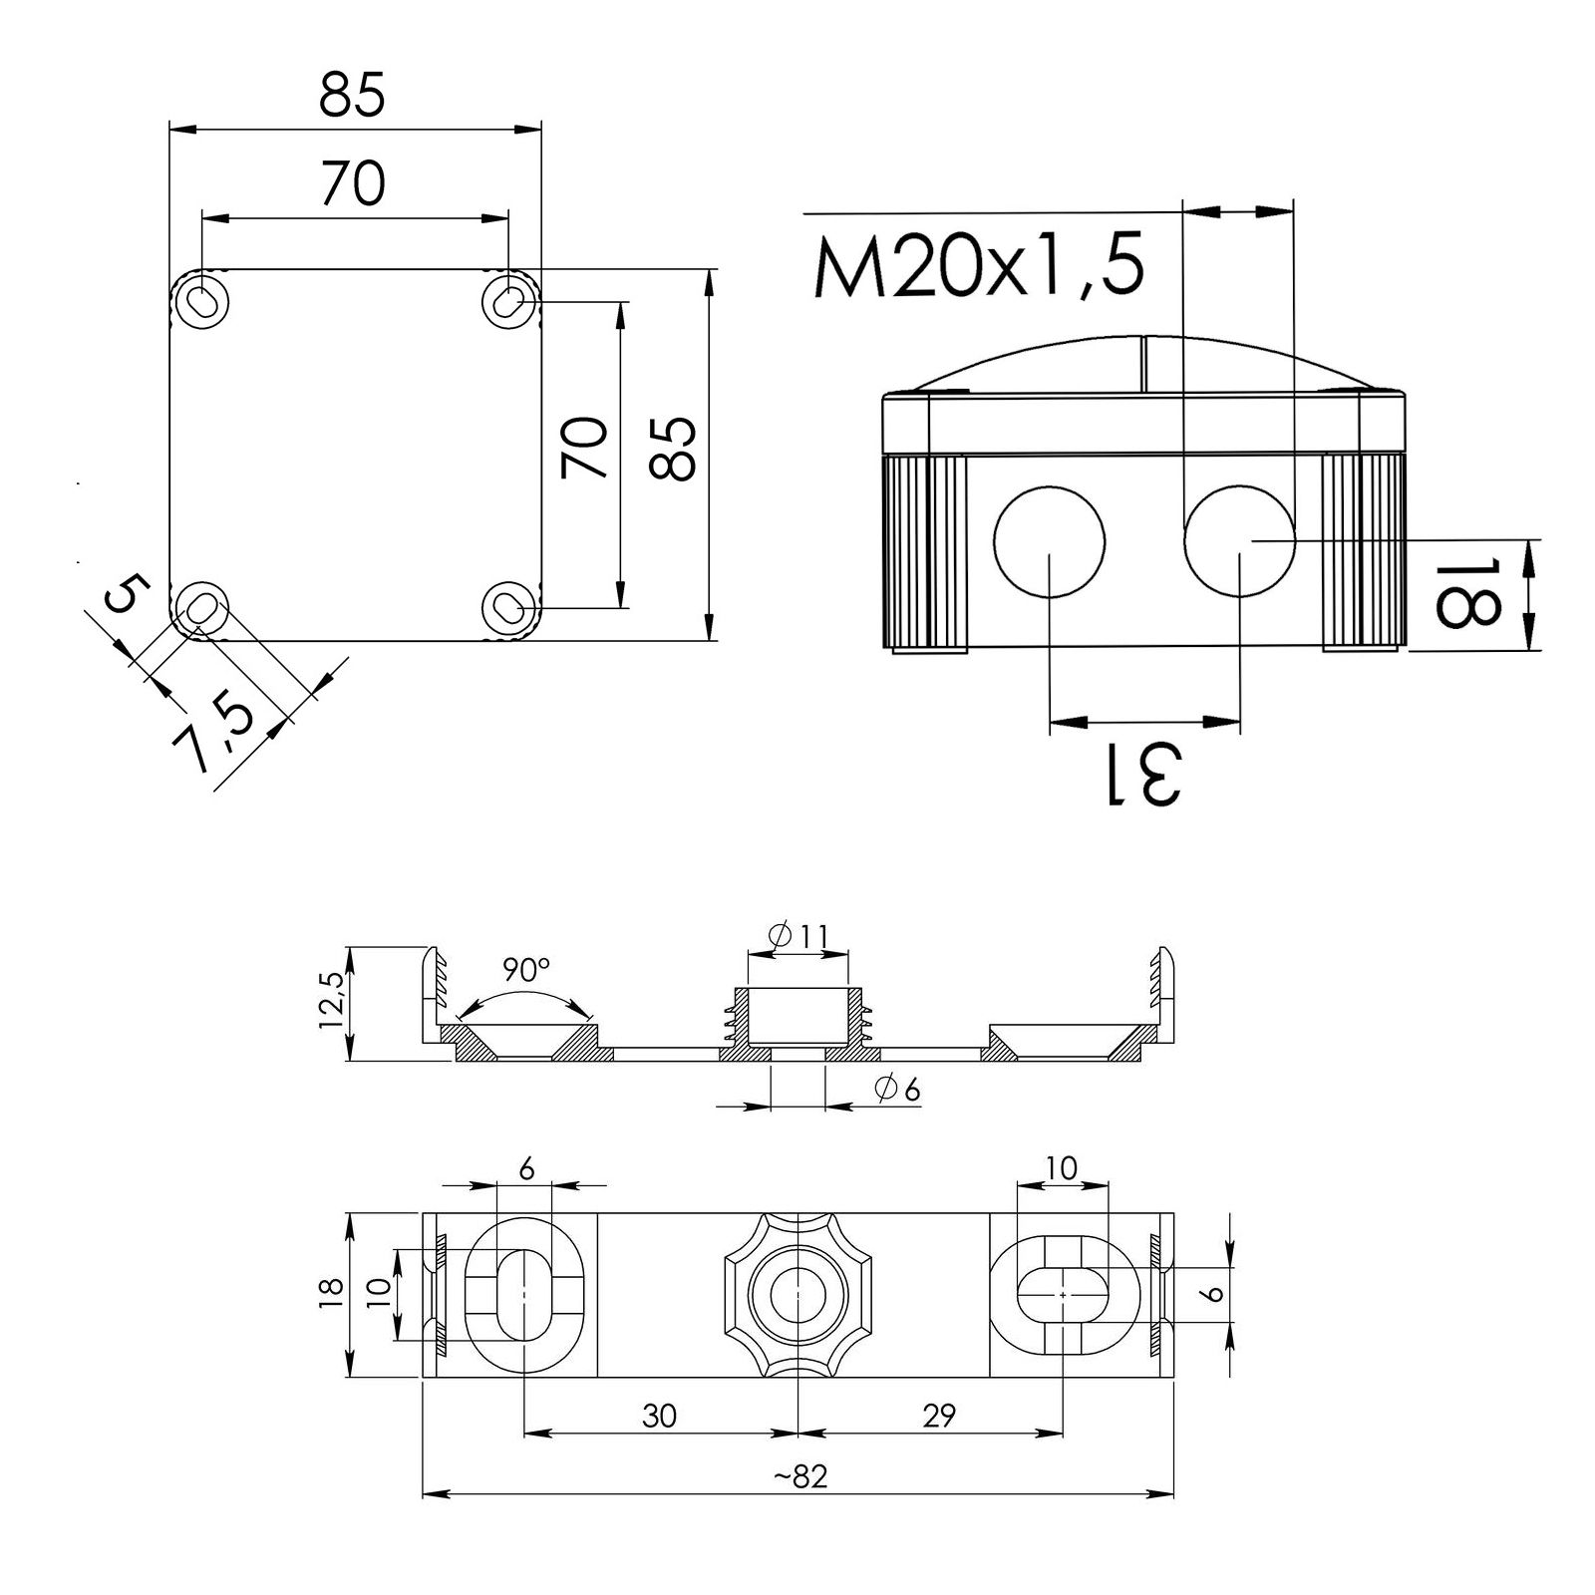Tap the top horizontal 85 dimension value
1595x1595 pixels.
[x=352, y=97]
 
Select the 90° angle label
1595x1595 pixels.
[x=525, y=969]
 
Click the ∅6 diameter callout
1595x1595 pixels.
[x=896, y=1090]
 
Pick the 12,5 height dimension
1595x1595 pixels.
[x=332, y=1002]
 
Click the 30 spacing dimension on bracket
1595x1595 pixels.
[x=660, y=1416]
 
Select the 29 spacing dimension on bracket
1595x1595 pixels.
[x=938, y=1416]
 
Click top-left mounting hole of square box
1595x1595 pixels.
[x=202, y=299]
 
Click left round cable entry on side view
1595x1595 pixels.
[x=1050, y=540]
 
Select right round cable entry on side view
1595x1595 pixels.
[x=1239, y=540]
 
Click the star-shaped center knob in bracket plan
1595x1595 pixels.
[x=799, y=1296]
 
